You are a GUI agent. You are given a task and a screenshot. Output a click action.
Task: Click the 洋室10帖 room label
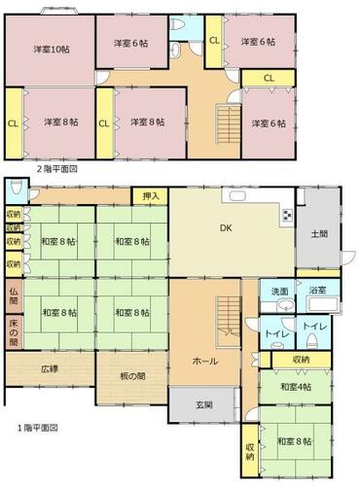click(x=52, y=50)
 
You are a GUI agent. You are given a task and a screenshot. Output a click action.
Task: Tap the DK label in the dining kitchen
click(x=226, y=228)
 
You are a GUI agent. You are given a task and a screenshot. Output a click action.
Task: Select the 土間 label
click(x=319, y=233)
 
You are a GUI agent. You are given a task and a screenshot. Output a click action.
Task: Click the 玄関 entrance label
click(x=204, y=404)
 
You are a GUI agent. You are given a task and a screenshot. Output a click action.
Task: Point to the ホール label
click(x=205, y=361)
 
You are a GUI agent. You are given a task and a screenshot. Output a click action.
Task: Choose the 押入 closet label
click(x=151, y=196)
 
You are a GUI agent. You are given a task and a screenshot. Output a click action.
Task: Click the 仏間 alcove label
click(x=14, y=295)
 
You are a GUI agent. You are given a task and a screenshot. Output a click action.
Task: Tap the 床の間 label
click(x=14, y=332)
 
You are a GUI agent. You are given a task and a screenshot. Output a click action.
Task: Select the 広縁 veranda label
click(x=50, y=368)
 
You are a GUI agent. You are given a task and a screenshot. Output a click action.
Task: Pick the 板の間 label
click(x=132, y=376)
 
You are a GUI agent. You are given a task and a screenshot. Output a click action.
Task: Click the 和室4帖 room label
click(x=296, y=387)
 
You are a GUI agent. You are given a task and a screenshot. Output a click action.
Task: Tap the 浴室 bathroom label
click(x=317, y=291)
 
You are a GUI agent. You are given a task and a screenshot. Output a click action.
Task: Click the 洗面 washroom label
click(x=279, y=292)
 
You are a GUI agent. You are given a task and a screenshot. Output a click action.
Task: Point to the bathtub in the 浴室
click(x=324, y=305)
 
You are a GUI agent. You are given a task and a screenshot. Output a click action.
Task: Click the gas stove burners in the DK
click(x=287, y=215)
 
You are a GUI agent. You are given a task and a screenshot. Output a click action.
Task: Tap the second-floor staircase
click(x=229, y=124)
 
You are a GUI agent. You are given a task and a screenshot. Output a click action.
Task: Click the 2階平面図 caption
click(x=56, y=169)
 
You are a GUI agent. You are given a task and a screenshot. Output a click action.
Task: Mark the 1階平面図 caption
click(x=37, y=428)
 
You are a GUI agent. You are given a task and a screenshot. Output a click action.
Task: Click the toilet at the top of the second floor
click(x=178, y=24)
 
